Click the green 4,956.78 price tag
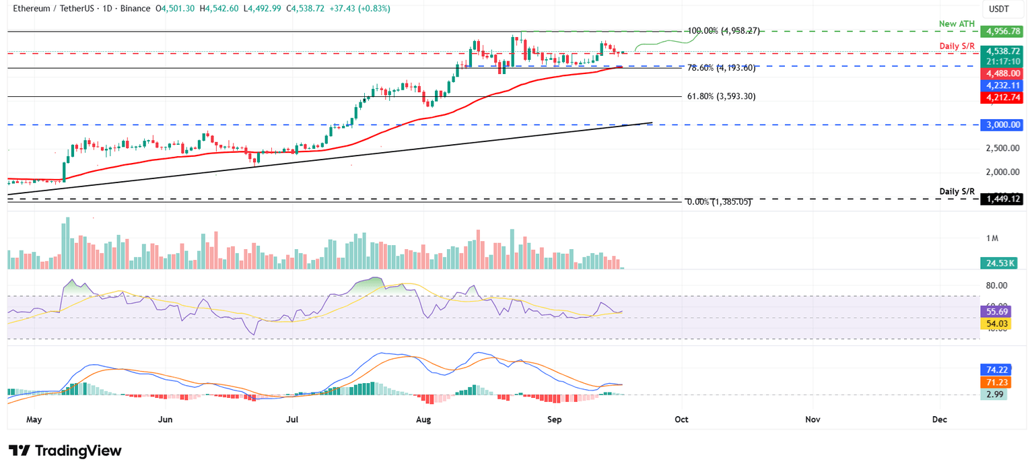(1003, 32)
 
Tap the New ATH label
(956, 24)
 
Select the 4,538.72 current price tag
(1003, 51)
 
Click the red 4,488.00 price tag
(1003, 73)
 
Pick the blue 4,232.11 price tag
(1003, 86)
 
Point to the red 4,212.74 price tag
(1003, 98)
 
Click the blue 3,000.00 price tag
(1003, 125)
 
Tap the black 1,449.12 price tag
(1003, 199)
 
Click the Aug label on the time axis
(423, 419)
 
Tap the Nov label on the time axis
(812, 419)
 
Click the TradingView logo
(65, 450)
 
